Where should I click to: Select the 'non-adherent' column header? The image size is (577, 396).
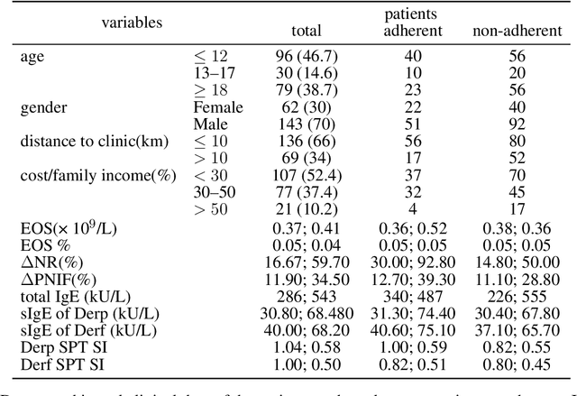510,32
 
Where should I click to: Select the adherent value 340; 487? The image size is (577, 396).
411,294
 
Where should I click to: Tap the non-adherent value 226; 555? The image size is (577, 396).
510,294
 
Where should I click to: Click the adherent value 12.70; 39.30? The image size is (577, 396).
411,279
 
